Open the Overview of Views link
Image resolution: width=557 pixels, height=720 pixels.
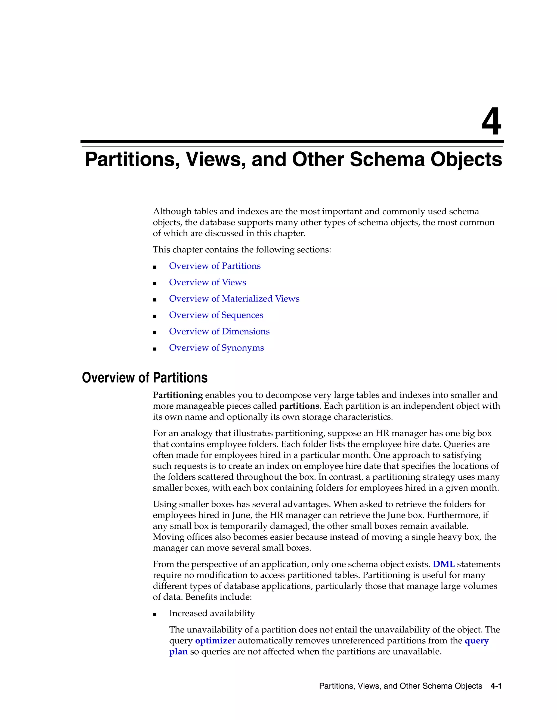[207, 282]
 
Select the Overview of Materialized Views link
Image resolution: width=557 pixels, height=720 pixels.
[234, 299]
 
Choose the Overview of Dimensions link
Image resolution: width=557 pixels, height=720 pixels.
[219, 331]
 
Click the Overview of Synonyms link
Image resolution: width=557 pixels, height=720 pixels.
[216, 348]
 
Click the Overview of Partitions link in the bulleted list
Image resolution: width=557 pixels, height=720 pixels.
[215, 266]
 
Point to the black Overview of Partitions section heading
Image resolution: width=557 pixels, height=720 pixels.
[144, 378]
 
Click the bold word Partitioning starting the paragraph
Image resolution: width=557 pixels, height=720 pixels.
[178, 395]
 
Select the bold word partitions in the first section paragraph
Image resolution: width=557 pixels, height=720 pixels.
[299, 406]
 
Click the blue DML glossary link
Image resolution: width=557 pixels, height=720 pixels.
[444, 564]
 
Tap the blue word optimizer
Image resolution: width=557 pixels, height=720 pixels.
[215, 641]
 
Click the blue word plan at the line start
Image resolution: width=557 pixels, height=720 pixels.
[178, 652]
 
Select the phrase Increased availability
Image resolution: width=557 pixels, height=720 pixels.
[212, 613]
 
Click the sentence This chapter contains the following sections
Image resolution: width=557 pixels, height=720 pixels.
[242, 250]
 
